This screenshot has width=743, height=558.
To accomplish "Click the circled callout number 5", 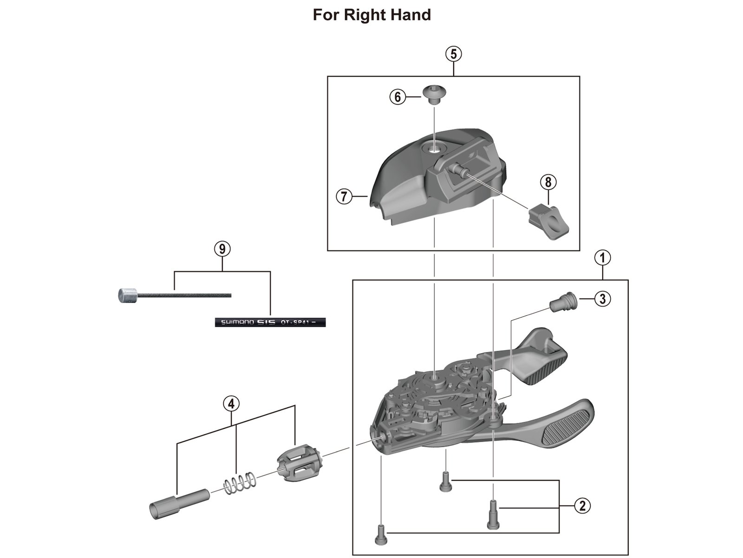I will [x=453, y=54].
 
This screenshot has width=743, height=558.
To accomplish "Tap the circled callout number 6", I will [x=398, y=97].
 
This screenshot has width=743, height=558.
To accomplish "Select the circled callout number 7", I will [x=344, y=197].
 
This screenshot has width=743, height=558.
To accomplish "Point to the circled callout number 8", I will [x=548, y=182].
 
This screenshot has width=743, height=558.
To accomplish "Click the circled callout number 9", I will [x=222, y=249].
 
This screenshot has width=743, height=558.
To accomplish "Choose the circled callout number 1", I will [x=602, y=258].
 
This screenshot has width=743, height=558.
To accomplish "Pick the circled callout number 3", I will [x=602, y=299].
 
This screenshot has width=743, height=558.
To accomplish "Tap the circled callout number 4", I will [x=231, y=404].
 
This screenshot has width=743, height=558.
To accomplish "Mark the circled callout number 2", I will [x=582, y=505].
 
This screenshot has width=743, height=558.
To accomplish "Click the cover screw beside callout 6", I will [x=434, y=94].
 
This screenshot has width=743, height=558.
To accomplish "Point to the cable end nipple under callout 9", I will [x=126, y=295].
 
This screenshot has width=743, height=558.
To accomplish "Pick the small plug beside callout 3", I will [x=561, y=303].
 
